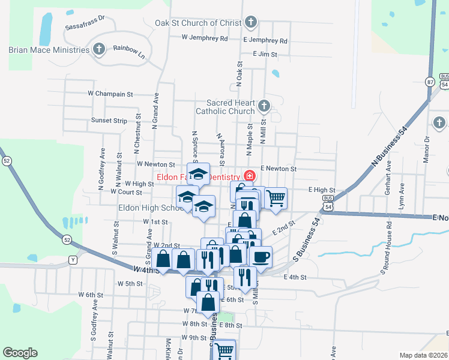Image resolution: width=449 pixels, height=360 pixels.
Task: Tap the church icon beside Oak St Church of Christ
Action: (252, 23)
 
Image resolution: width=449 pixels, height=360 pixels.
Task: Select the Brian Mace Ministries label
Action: (49, 50)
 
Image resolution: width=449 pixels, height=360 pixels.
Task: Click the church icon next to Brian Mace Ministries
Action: (100, 49)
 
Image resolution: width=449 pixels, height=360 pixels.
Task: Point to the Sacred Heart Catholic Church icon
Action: (264, 107)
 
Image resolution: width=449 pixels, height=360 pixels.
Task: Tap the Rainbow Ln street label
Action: (129, 51)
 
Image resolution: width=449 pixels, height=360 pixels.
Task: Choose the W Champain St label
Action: (110, 94)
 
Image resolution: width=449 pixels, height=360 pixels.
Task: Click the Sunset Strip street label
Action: (109, 121)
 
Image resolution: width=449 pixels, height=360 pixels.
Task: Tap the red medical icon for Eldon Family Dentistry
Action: (249, 177)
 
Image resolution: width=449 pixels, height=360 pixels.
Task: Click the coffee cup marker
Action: (261, 257)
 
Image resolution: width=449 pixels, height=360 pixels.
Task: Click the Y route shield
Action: (73, 260)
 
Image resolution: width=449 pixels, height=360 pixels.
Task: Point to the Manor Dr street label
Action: (427, 148)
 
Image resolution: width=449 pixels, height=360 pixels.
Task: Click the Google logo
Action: (20, 353)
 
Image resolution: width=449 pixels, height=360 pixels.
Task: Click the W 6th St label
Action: (82, 295)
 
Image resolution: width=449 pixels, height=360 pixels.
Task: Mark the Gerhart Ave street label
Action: (389, 177)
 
